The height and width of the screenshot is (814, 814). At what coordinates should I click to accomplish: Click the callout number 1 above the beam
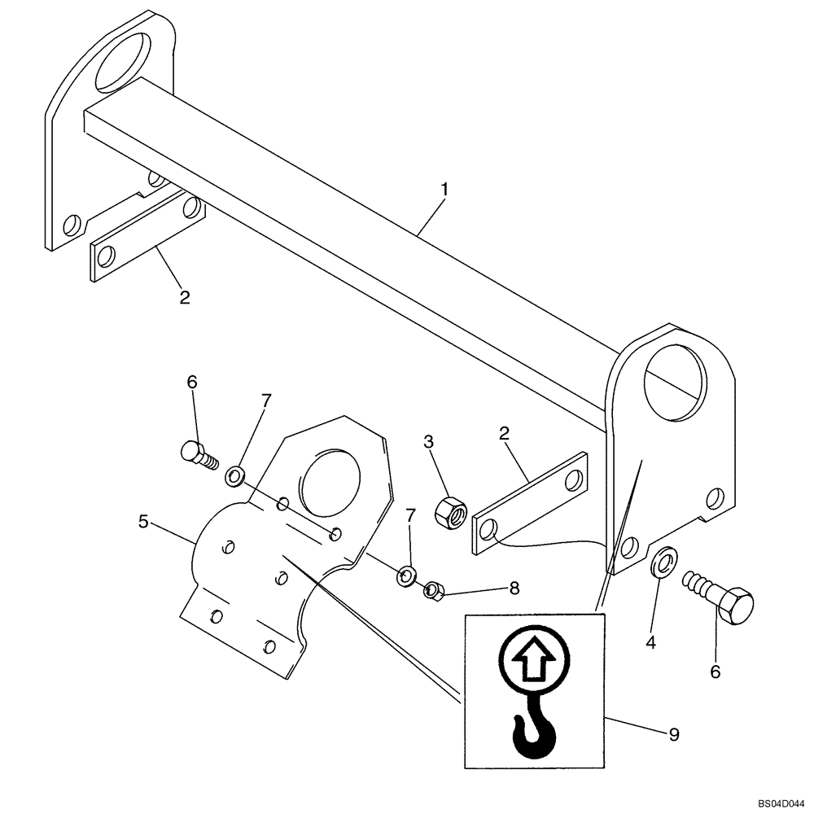444,189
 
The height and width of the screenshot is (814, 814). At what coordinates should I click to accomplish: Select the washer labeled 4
663,560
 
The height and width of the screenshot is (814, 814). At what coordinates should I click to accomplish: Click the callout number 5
143,521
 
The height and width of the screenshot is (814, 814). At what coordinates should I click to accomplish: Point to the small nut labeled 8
433,589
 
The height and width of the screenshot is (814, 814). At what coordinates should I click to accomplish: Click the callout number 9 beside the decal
673,734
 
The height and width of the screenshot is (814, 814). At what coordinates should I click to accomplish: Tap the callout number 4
650,643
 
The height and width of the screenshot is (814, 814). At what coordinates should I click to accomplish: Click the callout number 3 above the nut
429,442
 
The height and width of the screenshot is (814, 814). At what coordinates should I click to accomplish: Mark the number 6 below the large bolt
716,672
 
